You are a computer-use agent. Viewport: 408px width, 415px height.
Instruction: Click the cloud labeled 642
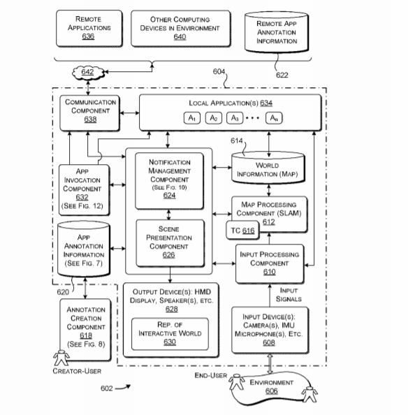(x=87, y=73)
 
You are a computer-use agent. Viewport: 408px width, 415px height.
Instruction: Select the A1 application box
(x=192, y=118)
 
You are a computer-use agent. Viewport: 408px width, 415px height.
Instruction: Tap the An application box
(x=274, y=118)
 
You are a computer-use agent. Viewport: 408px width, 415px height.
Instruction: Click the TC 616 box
(x=242, y=231)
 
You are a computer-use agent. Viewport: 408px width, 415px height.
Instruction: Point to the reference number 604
(x=219, y=71)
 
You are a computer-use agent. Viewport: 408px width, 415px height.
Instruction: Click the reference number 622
(x=282, y=75)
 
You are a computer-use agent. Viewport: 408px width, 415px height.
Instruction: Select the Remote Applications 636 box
(x=89, y=29)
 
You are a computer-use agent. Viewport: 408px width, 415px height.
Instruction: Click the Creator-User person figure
(x=61, y=358)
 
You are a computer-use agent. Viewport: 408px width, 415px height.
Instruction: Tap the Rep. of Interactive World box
(x=170, y=334)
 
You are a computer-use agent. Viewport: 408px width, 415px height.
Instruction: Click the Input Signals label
(x=289, y=295)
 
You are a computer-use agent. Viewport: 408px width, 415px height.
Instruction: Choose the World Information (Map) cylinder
(x=268, y=168)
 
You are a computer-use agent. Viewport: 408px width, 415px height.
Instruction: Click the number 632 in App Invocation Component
(x=82, y=197)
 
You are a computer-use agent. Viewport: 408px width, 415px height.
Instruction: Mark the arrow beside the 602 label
(x=123, y=388)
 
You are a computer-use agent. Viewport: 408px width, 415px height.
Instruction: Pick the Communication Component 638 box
(x=89, y=113)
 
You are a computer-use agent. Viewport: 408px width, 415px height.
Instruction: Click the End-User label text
(x=210, y=375)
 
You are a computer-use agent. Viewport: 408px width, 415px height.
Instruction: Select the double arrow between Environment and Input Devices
(x=270, y=364)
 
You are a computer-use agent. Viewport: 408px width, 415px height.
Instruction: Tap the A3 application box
(x=235, y=118)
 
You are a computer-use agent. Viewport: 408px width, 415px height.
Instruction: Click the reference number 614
(x=236, y=140)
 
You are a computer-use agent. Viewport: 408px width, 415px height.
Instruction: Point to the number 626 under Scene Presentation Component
(x=169, y=255)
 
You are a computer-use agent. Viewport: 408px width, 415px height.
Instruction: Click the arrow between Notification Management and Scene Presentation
(x=169, y=214)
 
